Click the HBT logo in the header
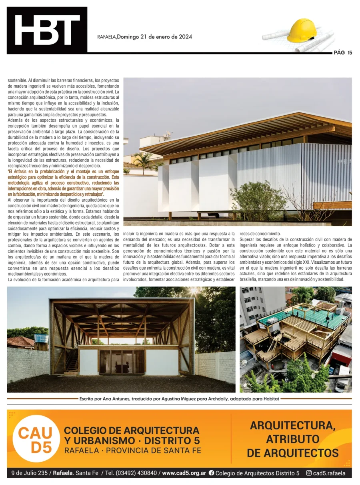tap(47, 30)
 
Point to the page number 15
tap(350, 52)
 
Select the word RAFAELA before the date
tap(106, 37)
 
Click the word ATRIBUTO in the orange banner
tap(292, 439)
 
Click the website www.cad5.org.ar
tap(184, 473)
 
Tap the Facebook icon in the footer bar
tap(211, 473)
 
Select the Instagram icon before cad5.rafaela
tap(309, 473)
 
